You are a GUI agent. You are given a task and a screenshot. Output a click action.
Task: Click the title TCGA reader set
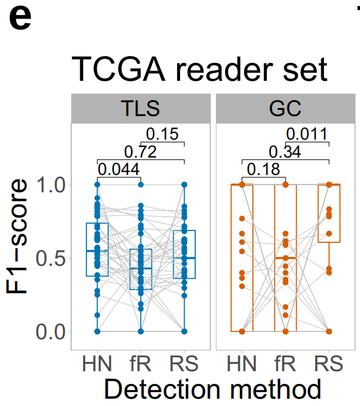pyautogui.click(x=199, y=70)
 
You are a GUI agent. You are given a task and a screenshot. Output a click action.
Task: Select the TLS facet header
pyautogui.click(x=140, y=108)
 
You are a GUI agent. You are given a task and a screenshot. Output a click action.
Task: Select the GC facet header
pyautogui.click(x=286, y=108)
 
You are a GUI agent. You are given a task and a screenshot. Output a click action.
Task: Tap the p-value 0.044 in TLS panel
pyautogui.click(x=119, y=169)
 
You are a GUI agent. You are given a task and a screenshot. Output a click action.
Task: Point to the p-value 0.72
pyautogui.click(x=140, y=151)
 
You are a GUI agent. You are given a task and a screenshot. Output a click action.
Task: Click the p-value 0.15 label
pyautogui.click(x=163, y=135)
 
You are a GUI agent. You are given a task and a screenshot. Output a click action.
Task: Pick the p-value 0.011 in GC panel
pyautogui.click(x=306, y=135)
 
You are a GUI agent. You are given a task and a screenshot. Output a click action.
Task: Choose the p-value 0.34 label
pyautogui.click(x=285, y=151)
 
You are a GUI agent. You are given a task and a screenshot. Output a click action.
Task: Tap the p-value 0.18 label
pyautogui.click(x=264, y=169)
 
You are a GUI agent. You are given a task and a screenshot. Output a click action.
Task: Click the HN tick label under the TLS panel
pyautogui.click(x=97, y=365)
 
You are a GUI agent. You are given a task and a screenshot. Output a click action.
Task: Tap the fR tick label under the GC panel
pyautogui.click(x=285, y=365)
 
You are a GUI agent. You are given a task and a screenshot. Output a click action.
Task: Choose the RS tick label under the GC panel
pyautogui.click(x=329, y=365)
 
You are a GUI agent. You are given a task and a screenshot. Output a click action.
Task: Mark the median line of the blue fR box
pyautogui.click(x=141, y=268)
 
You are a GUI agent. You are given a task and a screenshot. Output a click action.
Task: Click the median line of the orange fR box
pyautogui.click(x=285, y=258)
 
